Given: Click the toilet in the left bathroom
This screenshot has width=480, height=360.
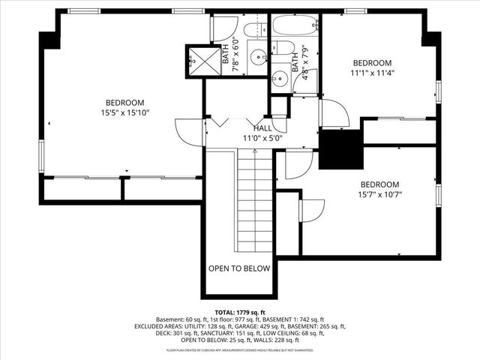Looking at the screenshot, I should tap(224, 28).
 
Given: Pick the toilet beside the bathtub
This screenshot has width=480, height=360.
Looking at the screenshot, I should tap(284, 49).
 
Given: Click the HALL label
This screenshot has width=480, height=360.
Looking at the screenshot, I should tap(262, 128).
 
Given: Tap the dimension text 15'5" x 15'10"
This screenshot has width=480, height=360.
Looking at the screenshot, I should tap(124, 113).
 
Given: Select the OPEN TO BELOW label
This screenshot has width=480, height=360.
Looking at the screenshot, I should tap(239, 268).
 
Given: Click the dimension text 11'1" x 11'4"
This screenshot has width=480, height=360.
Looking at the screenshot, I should tap(372, 73).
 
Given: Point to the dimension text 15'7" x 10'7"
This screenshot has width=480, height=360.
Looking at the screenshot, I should tap(379, 195).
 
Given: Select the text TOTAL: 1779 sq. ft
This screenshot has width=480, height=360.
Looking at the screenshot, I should tap(239, 312).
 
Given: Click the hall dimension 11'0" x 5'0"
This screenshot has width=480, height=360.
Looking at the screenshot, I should tap(262, 138).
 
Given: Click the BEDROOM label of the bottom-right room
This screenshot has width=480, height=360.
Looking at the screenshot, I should tap(379, 184).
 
